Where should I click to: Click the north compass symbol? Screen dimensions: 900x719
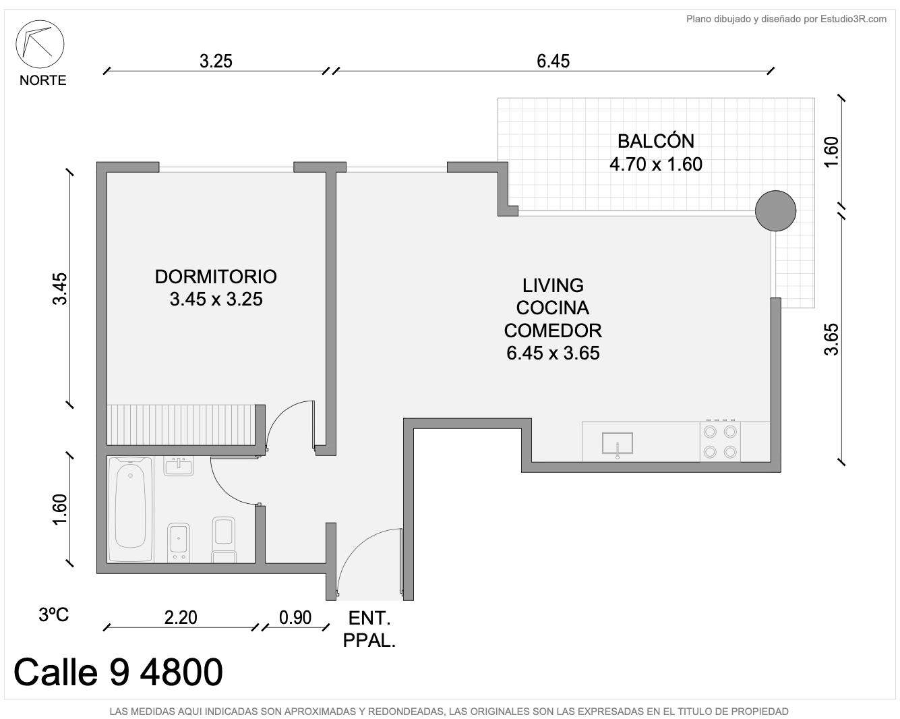(40, 44)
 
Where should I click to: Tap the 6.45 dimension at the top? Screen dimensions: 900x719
(553, 61)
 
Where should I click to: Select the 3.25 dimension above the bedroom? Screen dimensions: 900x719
(216, 61)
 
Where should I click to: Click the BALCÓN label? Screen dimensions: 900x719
(656, 141)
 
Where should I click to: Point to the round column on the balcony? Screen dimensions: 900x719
(775, 210)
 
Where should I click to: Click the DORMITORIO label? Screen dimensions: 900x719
(216, 277)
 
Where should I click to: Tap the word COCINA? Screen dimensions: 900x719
(552, 308)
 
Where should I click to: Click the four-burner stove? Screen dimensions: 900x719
(720, 441)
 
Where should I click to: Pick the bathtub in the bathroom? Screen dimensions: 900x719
(131, 509)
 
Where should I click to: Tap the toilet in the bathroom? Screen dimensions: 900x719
(224, 540)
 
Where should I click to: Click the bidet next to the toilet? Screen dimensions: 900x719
(179, 542)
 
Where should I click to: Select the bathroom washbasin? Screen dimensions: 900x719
(179, 466)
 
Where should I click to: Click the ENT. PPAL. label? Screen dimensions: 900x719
(369, 629)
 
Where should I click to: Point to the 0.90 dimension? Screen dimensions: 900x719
(295, 617)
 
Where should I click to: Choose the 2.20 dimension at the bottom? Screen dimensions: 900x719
(181, 617)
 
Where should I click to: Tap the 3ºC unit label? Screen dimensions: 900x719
(53, 614)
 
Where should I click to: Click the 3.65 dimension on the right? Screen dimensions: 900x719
(831, 339)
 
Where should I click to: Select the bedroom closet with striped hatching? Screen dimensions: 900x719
(181, 425)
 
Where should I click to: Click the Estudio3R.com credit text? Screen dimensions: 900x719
(853, 19)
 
